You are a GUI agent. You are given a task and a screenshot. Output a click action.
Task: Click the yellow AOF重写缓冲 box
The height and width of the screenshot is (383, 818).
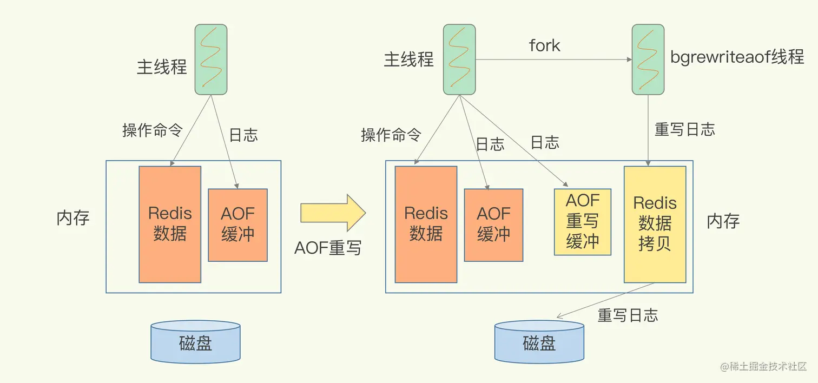(x=582, y=222)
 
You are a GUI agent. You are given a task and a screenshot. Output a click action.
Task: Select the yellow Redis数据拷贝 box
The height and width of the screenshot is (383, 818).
(x=655, y=224)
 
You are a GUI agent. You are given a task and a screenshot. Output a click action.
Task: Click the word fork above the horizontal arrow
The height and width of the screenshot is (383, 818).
(x=544, y=45)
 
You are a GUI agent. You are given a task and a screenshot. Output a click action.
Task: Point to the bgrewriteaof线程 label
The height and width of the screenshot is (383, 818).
(x=737, y=57)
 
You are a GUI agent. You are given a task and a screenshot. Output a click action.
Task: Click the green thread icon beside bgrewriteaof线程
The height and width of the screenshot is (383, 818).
(x=648, y=59)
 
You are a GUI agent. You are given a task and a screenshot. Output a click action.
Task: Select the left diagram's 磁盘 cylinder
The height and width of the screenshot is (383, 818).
(x=195, y=342)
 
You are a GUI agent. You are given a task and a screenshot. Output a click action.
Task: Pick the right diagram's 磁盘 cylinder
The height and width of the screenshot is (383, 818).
(x=539, y=342)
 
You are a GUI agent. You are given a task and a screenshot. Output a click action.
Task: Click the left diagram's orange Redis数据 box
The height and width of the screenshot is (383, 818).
(x=170, y=224)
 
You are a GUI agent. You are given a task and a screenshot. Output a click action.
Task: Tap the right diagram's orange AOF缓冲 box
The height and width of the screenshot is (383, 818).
(x=493, y=224)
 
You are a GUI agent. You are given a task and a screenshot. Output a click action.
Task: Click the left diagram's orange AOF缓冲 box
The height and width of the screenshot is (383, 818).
(x=238, y=224)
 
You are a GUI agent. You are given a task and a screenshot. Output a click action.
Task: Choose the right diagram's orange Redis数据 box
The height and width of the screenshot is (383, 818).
(x=426, y=224)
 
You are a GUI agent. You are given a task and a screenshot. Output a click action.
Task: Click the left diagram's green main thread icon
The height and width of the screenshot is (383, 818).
(x=211, y=59)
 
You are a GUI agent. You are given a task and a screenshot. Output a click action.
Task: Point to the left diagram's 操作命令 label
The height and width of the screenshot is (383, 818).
(x=153, y=130)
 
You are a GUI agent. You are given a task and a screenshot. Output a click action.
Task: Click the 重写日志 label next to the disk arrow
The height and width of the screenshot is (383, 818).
(x=628, y=315)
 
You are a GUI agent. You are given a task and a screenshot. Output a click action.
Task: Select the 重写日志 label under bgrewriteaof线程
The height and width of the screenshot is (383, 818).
(x=684, y=129)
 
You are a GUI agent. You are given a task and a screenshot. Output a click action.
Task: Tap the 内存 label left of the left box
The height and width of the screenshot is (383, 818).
(x=73, y=218)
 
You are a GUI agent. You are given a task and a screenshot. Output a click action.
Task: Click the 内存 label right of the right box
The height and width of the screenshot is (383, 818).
(x=723, y=221)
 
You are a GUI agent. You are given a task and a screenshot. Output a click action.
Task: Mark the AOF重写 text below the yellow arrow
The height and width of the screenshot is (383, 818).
(x=328, y=247)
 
